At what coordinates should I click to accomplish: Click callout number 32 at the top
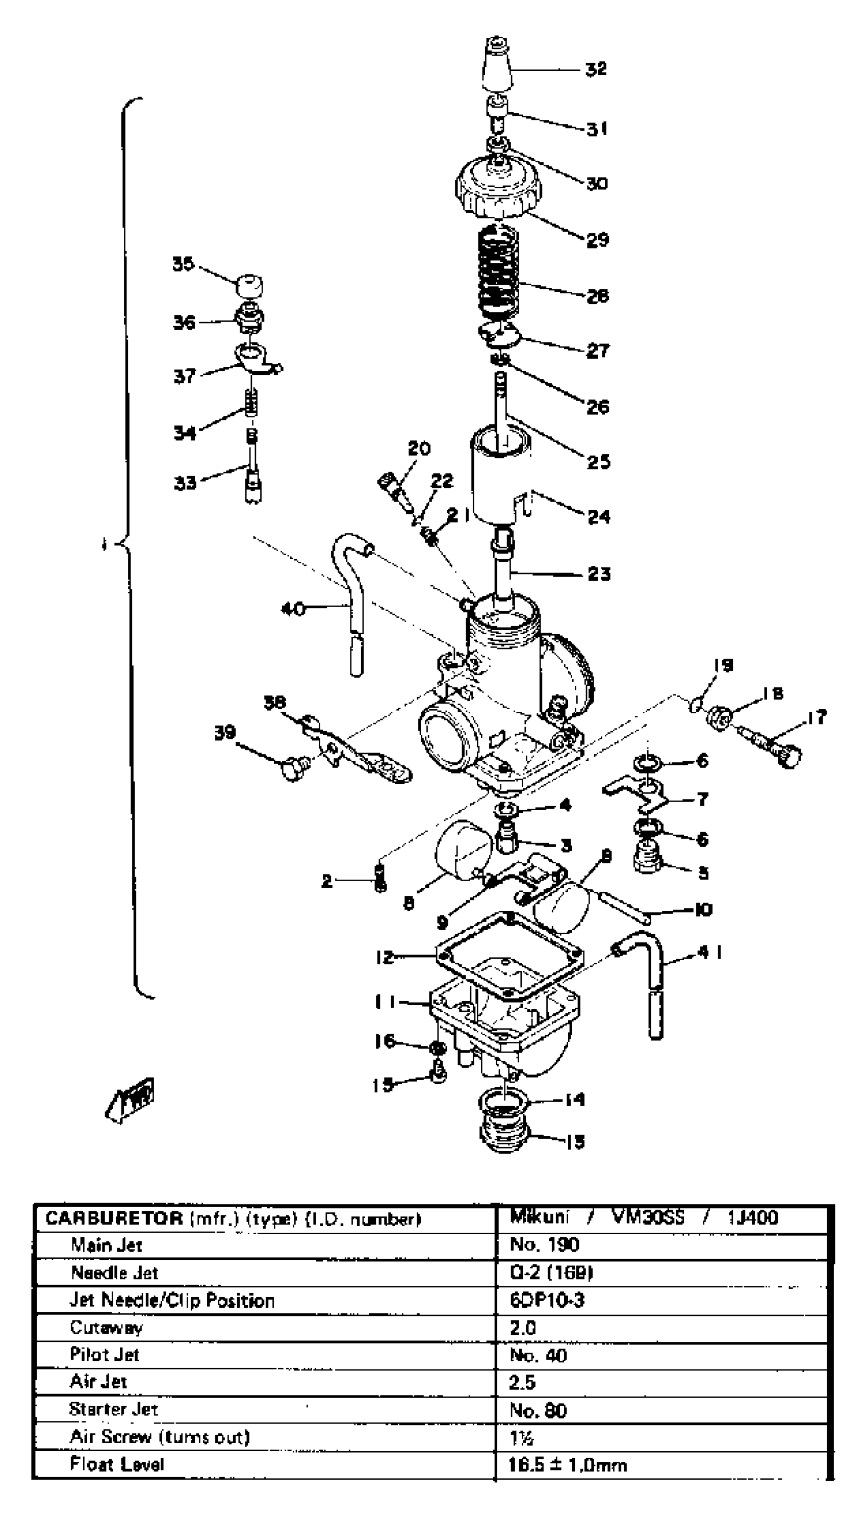[596, 69]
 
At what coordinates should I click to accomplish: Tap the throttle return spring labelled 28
[499, 271]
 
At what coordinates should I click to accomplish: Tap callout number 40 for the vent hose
[292, 608]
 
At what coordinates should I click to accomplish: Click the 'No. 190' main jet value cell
[544, 1245]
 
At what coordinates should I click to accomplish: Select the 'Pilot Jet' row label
[104, 1354]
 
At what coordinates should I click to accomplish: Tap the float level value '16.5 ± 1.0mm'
[568, 1465]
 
